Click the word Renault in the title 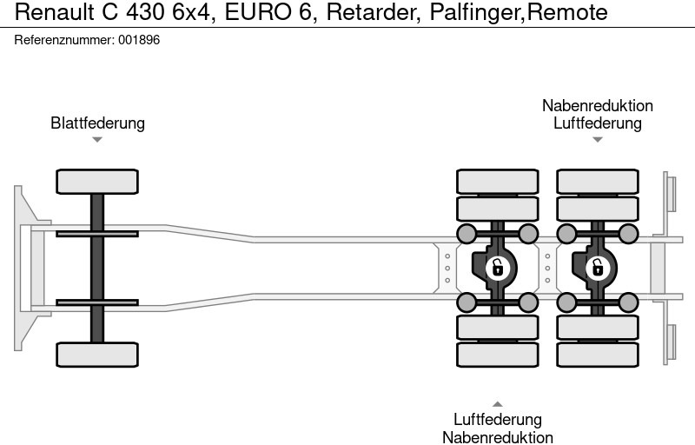[50, 12]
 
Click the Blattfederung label [97, 123]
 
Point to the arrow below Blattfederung [97, 139]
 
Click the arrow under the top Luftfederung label [597, 139]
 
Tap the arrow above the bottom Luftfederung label [497, 403]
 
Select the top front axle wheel [97, 181]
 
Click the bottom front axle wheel [97, 355]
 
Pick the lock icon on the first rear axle [497, 267]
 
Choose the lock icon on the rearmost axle [597, 267]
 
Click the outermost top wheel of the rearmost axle [597, 181]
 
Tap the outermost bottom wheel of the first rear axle [497, 355]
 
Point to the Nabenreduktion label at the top [597, 105]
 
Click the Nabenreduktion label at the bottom [497, 437]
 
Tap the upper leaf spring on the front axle [97, 233]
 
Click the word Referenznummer [63, 40]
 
